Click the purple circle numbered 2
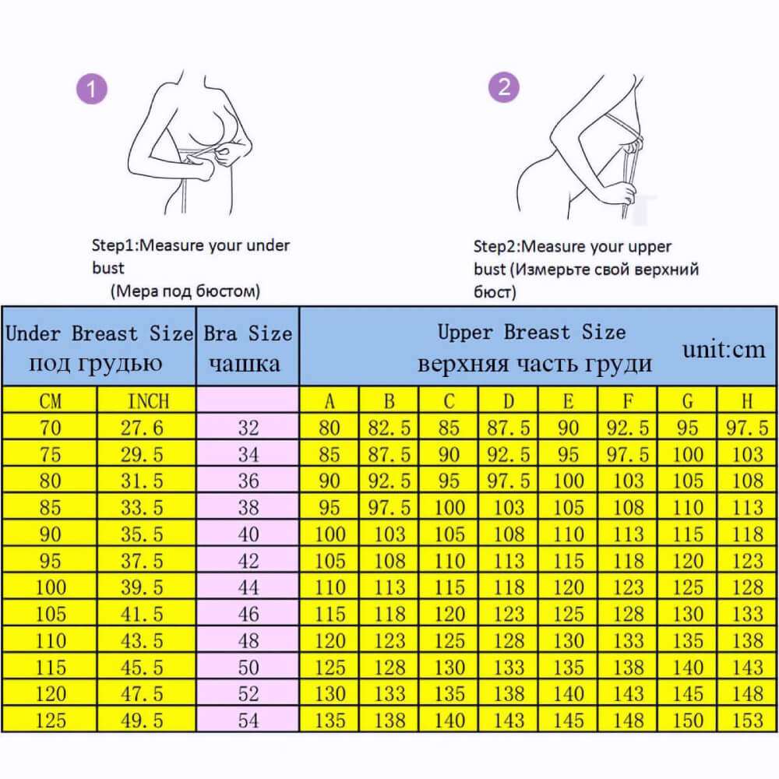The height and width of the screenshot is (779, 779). (x=503, y=86)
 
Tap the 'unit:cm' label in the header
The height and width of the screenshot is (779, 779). (x=724, y=349)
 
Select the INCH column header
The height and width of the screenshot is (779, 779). (x=147, y=401)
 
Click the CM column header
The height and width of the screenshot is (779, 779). (x=50, y=401)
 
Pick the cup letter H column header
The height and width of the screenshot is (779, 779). (x=747, y=401)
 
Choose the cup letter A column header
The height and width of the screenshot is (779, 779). (x=330, y=401)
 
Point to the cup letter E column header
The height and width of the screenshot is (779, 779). (x=568, y=401)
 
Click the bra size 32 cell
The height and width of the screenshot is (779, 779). (x=249, y=428)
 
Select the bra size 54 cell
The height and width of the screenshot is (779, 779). (x=249, y=720)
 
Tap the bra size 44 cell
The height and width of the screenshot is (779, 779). (x=249, y=587)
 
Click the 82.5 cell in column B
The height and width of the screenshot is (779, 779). (x=389, y=428)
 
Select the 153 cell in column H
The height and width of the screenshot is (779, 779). (x=747, y=720)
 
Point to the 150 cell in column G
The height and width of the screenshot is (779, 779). (x=687, y=720)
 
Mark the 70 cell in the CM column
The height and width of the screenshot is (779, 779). (x=50, y=428)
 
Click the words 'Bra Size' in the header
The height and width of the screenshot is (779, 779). (x=248, y=334)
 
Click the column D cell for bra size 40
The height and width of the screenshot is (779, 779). (x=509, y=534)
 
